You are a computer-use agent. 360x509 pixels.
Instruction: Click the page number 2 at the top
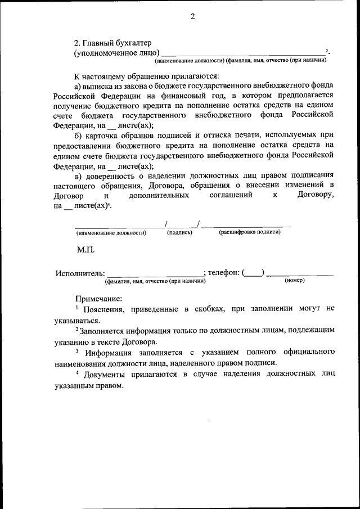coord(192,16)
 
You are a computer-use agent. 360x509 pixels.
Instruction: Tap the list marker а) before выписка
coord(79,85)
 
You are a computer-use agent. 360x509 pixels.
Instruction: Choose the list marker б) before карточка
coord(79,136)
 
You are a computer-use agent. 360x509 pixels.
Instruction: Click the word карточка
coord(103,136)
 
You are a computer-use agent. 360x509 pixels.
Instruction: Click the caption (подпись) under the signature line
coord(179,232)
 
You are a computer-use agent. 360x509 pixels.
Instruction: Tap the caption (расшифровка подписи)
coord(249,232)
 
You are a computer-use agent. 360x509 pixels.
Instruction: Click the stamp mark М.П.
coord(86,249)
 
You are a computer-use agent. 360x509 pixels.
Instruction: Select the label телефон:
coord(223,273)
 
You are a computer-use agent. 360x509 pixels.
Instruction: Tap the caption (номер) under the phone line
coord(294,280)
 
